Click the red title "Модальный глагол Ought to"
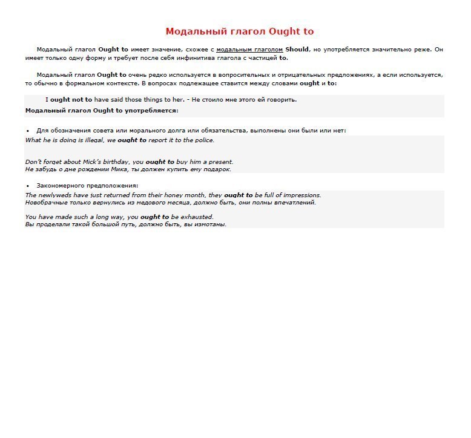click(x=239, y=31)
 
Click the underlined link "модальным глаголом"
click(x=249, y=50)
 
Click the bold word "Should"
click(x=297, y=50)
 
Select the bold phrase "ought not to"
click(x=71, y=100)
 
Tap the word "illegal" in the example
click(x=91, y=140)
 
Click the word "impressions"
click(x=298, y=195)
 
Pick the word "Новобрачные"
click(x=46, y=203)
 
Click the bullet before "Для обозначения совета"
click(x=28, y=131)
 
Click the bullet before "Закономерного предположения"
click(x=28, y=186)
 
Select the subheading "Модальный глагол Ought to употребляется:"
click(x=102, y=111)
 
